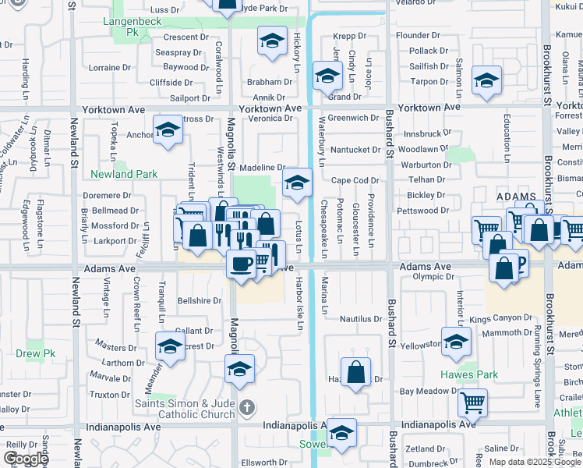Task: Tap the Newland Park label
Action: (x=124, y=174)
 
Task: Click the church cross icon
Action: (x=247, y=406)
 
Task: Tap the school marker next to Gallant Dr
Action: (x=169, y=347)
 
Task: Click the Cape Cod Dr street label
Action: (x=355, y=180)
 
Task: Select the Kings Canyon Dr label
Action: (x=500, y=319)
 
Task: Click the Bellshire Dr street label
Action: (x=200, y=300)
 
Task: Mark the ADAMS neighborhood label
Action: (x=516, y=197)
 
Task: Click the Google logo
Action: (x=26, y=459)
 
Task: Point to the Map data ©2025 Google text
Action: (x=534, y=462)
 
